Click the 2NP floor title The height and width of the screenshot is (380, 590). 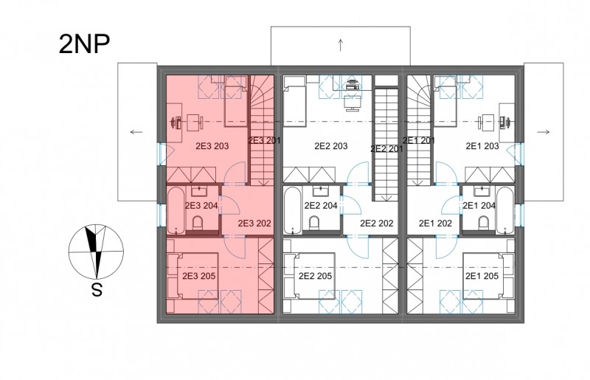pyautogui.click(x=84, y=44)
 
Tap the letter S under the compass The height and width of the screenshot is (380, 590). pyautogui.click(x=97, y=290)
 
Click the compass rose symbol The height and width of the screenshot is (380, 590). pyautogui.click(x=96, y=251)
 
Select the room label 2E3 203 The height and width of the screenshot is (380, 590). pyautogui.click(x=212, y=146)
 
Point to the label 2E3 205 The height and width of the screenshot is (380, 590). pyautogui.click(x=199, y=276)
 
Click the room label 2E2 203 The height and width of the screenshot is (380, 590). pyautogui.click(x=331, y=146)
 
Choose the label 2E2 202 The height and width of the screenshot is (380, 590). pyautogui.click(x=377, y=224)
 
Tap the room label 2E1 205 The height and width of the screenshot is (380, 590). pyautogui.click(x=482, y=276)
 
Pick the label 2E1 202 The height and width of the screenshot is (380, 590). pyautogui.click(x=435, y=224)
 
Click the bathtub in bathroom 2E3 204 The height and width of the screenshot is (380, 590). pyautogui.click(x=176, y=210)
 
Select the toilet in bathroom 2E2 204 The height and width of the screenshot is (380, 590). pyautogui.click(x=314, y=223)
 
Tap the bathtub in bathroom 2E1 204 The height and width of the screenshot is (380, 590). pyautogui.click(x=505, y=210)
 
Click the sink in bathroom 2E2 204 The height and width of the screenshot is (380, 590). pyautogui.click(x=320, y=191)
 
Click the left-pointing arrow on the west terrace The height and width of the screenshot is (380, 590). pyautogui.click(x=136, y=132)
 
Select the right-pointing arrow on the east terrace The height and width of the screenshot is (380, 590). pyautogui.click(x=544, y=132)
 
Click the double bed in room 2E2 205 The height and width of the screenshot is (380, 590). pyautogui.click(x=310, y=276)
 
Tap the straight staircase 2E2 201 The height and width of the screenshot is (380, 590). pyautogui.click(x=386, y=144)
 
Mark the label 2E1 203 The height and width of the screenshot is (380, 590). pyautogui.click(x=482, y=146)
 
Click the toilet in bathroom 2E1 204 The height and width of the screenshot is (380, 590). pyautogui.click(x=484, y=223)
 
